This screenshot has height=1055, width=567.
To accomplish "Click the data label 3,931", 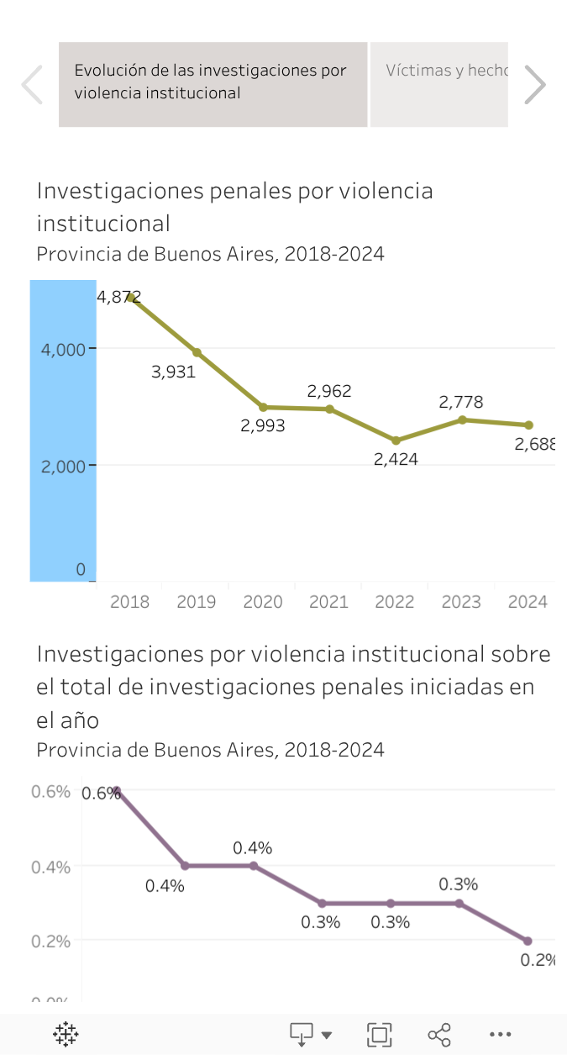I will (174, 372).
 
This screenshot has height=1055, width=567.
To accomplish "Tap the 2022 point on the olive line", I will (396, 440).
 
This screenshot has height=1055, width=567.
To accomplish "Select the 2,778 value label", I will (461, 402).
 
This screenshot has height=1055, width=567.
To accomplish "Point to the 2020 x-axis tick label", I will (263, 602).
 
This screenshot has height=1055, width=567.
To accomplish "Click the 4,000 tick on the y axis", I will (63, 349).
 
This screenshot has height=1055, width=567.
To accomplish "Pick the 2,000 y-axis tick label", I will (63, 466).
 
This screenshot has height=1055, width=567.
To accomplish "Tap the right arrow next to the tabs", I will (535, 85).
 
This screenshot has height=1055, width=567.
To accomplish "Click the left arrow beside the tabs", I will (32, 85).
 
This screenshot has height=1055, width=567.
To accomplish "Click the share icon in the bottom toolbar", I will (439, 1034).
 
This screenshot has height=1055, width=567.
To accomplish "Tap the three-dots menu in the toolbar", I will (500, 1034).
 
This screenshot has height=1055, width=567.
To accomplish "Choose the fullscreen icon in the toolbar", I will (380, 1034).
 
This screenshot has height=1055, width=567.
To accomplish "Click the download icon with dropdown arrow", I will (310, 1034).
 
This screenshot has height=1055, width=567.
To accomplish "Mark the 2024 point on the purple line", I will (528, 941).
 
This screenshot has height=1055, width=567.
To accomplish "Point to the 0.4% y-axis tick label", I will (50, 867).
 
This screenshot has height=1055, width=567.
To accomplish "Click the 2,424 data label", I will (396, 460).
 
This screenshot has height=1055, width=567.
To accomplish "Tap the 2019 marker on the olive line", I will (197, 352).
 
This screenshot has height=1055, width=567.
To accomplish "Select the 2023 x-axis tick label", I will (461, 602).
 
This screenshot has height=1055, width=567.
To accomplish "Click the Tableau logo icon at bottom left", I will (66, 1034).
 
